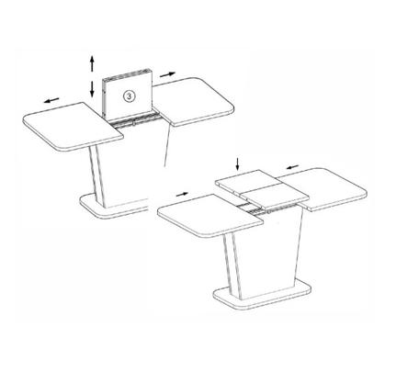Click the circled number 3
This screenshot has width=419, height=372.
pyautogui.click(x=129, y=96)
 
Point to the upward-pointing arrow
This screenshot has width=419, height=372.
pyautogui.click(x=92, y=63)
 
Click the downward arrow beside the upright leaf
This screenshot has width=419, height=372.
pyautogui.click(x=92, y=89)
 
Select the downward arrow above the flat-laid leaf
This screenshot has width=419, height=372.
pyautogui.click(x=237, y=164)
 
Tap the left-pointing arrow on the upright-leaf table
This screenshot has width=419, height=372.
pyautogui.click(x=51, y=100)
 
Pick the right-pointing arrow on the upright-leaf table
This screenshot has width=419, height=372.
pyautogui.click(x=167, y=74)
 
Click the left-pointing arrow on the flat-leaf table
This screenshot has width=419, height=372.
pyautogui.click(x=292, y=167)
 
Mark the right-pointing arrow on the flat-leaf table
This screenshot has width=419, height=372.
pyautogui.click(x=182, y=194)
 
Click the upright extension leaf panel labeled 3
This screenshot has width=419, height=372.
pyautogui.click(x=128, y=95)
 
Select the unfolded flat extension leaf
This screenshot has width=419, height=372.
pyautogui.click(x=262, y=187)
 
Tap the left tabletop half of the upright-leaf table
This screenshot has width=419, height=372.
pyautogui.click(x=74, y=126)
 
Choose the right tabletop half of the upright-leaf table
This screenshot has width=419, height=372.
pyautogui.click(x=194, y=102)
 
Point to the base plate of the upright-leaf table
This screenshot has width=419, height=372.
pyautogui.click(x=114, y=207)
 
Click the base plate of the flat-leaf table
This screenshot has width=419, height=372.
pyautogui.click(x=262, y=295)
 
